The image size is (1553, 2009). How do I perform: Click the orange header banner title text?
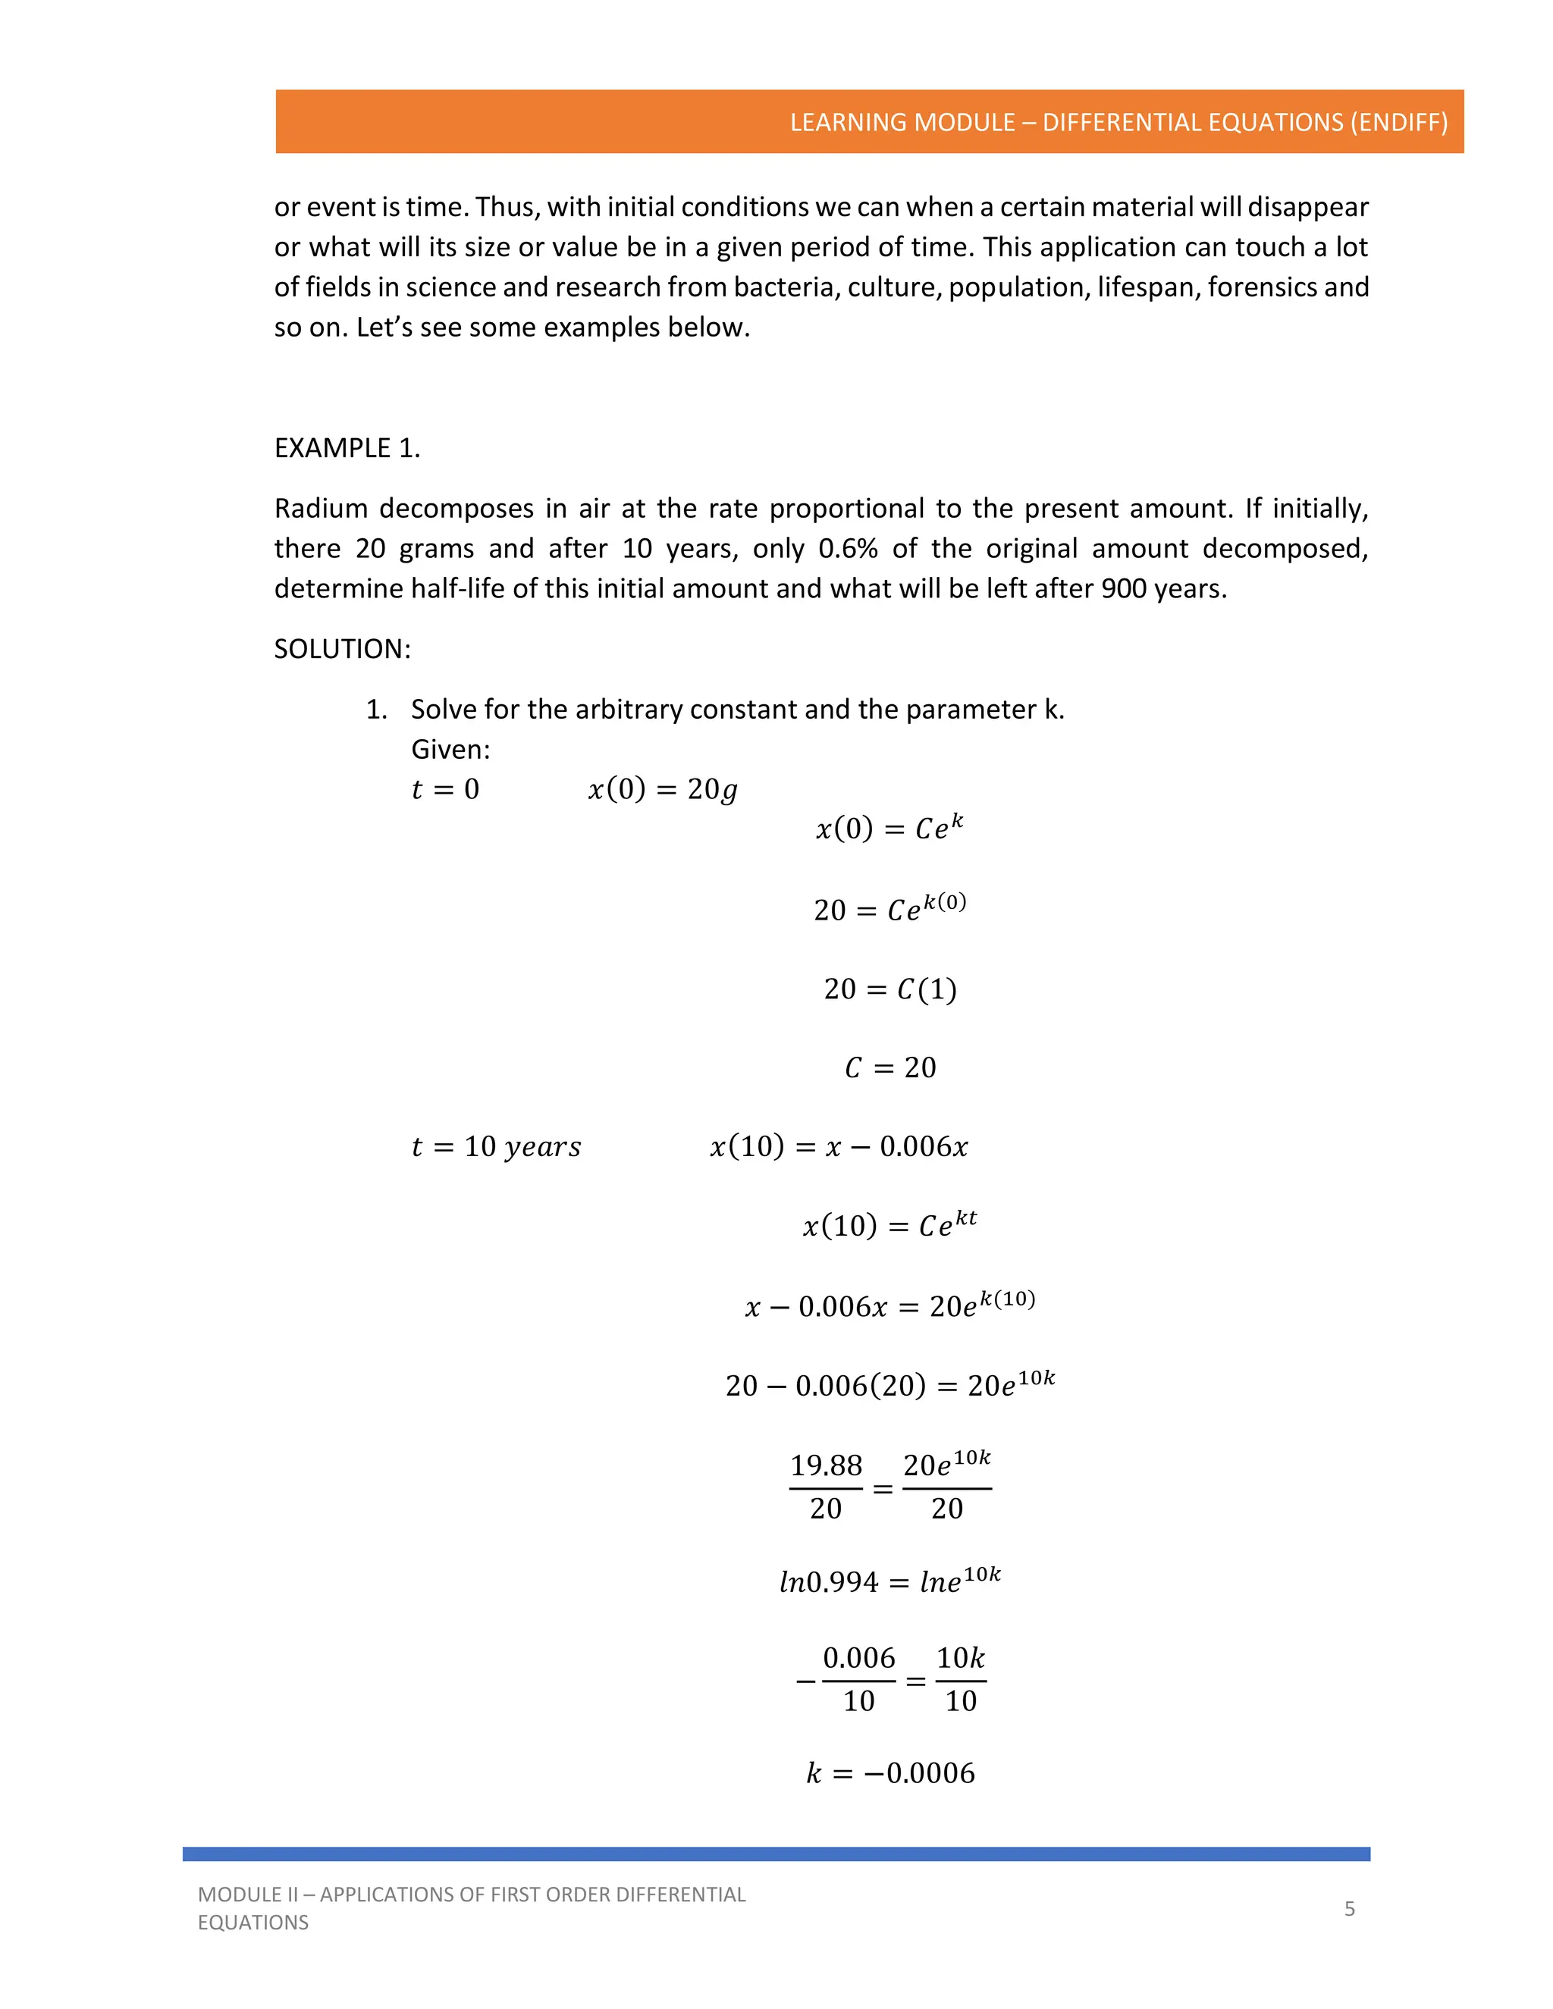(x=1118, y=122)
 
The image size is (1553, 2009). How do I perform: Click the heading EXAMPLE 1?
(x=347, y=448)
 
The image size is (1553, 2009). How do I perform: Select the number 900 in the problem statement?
(x=1123, y=589)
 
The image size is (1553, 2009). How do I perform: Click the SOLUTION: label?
(x=342, y=648)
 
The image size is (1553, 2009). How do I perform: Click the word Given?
(x=450, y=750)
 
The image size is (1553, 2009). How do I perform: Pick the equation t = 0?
(x=445, y=789)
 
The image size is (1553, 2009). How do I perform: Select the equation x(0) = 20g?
(x=663, y=789)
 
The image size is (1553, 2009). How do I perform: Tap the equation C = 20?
(x=889, y=1068)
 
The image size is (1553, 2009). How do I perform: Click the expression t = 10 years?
(x=496, y=1147)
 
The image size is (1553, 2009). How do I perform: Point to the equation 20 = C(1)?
(x=889, y=989)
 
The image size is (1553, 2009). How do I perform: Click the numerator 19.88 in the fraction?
(x=825, y=1465)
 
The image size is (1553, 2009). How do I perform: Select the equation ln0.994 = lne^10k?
(x=889, y=1581)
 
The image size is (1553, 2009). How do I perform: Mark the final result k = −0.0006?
(x=889, y=1772)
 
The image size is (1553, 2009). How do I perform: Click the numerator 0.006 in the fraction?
(x=858, y=1657)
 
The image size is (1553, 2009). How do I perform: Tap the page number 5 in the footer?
(x=1349, y=1908)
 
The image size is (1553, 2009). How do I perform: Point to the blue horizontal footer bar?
(x=776, y=1854)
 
